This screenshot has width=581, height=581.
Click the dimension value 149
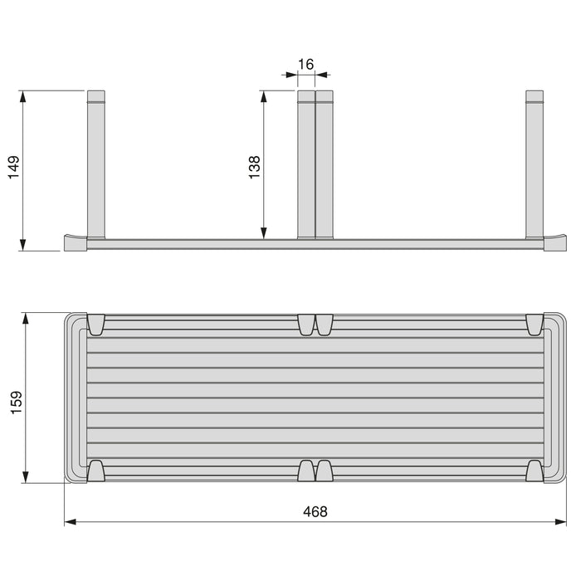pyautogui.click(x=12, y=169)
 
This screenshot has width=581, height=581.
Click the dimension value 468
pyautogui.click(x=315, y=512)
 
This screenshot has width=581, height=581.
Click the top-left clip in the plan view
pyautogui.click(x=95, y=325)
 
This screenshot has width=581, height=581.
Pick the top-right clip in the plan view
pyautogui.click(x=534, y=325)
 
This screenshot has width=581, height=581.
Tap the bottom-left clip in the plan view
pyautogui.click(x=95, y=471)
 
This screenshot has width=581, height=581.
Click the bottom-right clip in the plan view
pyautogui.click(x=534, y=471)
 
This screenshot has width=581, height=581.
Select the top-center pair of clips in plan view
pyautogui.click(x=315, y=325)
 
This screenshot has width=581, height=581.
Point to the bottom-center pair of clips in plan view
pyautogui.click(x=315, y=471)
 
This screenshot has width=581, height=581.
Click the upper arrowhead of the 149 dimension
pyautogui.click(x=24, y=96)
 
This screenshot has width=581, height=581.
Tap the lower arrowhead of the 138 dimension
pyautogui.click(x=264, y=233)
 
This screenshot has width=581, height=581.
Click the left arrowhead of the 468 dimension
pyautogui.click(x=71, y=522)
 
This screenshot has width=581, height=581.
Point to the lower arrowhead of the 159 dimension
pyautogui.click(x=27, y=476)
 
